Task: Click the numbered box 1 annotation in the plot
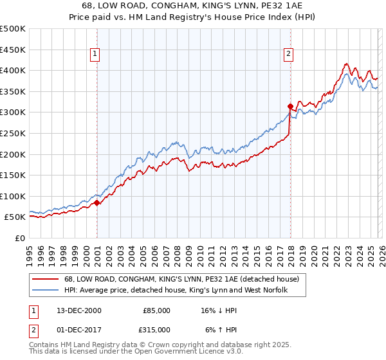(95, 55)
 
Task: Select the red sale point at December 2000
(97, 203)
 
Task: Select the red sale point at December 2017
(290, 106)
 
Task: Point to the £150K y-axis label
(13, 175)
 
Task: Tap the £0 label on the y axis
(19, 239)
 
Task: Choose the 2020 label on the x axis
(314, 252)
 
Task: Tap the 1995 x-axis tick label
(30, 252)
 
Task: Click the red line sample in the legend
(46, 280)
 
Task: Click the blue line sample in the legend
(46, 291)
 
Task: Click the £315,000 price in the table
(156, 329)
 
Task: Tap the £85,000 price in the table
(156, 310)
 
